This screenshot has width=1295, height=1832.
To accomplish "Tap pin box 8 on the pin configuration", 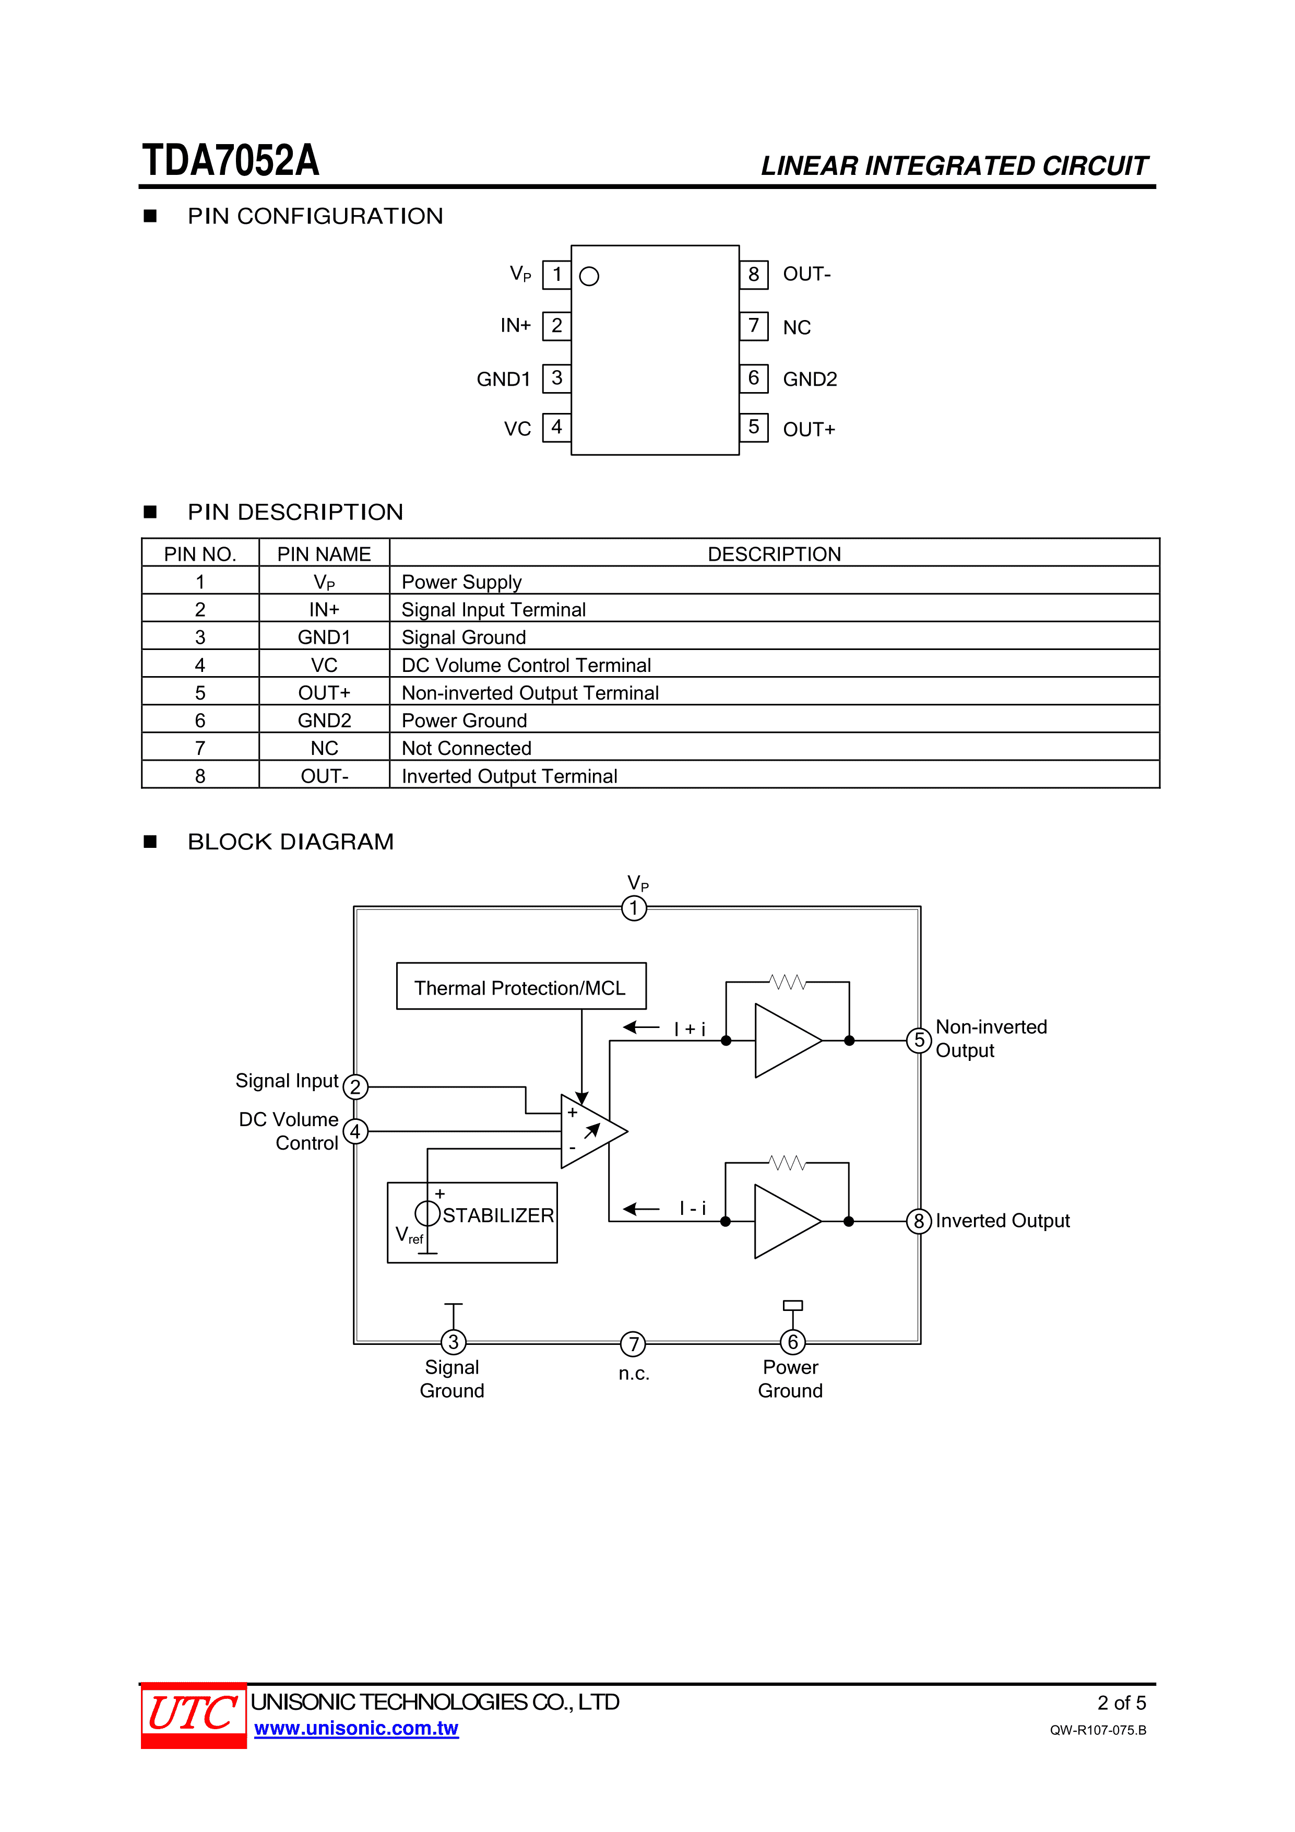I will click(753, 275).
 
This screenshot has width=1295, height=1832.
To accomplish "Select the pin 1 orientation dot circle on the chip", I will click(589, 276).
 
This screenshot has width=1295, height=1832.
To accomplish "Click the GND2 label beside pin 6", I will click(810, 379).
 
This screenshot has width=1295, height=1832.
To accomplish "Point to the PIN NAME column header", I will click(324, 554).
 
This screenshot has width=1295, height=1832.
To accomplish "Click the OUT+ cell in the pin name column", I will click(324, 693).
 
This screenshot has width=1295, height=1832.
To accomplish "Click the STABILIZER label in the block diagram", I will click(498, 1215).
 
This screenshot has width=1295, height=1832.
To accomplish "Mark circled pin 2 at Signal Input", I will click(355, 1087).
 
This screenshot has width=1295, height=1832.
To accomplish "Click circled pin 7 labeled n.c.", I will click(634, 1344).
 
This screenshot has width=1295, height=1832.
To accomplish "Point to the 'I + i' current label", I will click(690, 1029).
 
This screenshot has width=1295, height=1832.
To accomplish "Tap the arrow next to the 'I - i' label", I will click(641, 1209).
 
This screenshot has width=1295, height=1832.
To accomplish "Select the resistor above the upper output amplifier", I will click(788, 982).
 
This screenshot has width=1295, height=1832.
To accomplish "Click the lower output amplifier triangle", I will click(783, 1221).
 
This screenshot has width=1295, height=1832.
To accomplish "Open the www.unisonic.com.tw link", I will click(356, 1728).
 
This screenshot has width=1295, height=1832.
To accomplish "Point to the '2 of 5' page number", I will click(1121, 1703).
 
